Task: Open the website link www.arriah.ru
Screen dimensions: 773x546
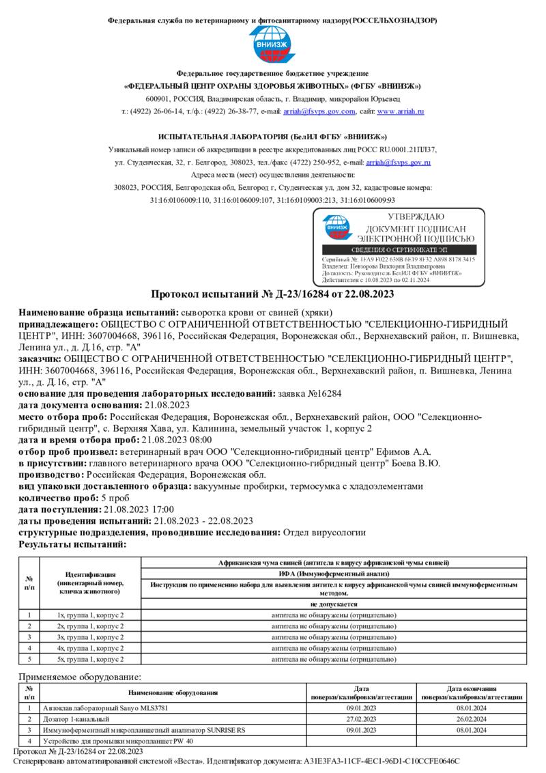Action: pyautogui.click(x=401, y=111)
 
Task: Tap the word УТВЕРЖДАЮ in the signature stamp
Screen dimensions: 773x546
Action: pyautogui.click(x=415, y=216)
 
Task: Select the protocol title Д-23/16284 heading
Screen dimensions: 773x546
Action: pyautogui.click(x=272, y=294)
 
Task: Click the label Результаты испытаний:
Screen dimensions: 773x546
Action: pyautogui.click(x=72, y=544)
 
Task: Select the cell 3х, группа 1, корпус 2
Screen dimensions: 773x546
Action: pyautogui.click(x=90, y=637)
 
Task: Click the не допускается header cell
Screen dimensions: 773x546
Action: pyautogui.click(x=334, y=604)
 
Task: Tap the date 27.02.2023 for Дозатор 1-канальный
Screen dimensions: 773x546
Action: pyautogui.click(x=362, y=720)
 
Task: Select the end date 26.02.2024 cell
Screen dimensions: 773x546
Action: pyautogui.click(x=471, y=720)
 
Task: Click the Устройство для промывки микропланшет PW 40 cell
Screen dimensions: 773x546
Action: pyautogui.click(x=118, y=741)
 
